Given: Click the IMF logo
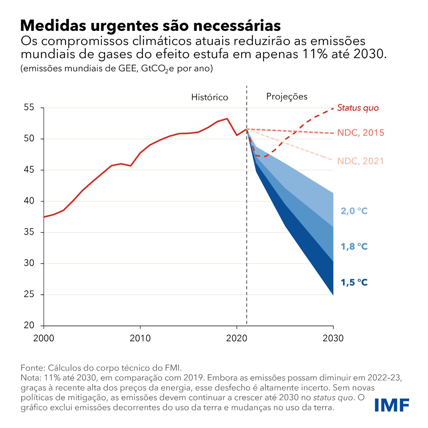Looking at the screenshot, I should click(392, 406).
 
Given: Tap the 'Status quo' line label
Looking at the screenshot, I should click(358, 108).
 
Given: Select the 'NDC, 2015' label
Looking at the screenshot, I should click(361, 133).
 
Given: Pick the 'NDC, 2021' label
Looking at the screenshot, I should click(361, 161).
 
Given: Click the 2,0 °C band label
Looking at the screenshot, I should click(354, 211).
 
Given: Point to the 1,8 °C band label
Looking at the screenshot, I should click(354, 247).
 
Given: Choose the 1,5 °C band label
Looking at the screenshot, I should click(354, 282).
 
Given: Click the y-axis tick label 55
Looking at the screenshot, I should click(29, 107).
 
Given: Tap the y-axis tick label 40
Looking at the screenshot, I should click(29, 201).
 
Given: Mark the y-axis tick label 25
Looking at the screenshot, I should click(29, 294).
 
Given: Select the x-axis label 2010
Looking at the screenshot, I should click(140, 338).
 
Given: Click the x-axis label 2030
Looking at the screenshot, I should click(333, 338).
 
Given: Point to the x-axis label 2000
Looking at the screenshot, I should click(44, 338).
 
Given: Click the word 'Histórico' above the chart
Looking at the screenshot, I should click(210, 97).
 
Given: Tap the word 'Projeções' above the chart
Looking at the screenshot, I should click(287, 97).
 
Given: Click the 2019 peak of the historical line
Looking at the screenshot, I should click(227, 118).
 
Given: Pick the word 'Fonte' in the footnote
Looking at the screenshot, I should click(32, 368).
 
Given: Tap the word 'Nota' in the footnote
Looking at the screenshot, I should click(31, 378).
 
